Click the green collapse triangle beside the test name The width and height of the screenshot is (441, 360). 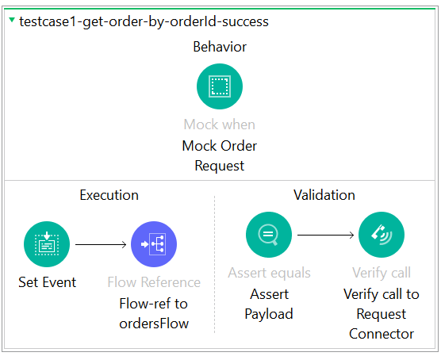[x=11, y=21]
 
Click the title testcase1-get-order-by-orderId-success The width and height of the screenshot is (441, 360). [x=144, y=21]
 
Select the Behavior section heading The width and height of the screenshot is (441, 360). [x=220, y=47]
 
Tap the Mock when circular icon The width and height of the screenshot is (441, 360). [x=220, y=86]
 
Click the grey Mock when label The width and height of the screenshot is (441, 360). [x=220, y=124]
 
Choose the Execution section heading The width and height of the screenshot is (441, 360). [x=109, y=195]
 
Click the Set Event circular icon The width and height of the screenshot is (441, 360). [x=48, y=244]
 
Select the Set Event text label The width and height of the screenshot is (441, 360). [x=48, y=282]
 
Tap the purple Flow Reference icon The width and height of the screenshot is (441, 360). [x=154, y=244]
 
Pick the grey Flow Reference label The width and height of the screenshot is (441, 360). [x=154, y=282]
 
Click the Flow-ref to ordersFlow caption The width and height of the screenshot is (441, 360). [x=154, y=313]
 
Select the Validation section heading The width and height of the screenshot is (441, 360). [x=324, y=195]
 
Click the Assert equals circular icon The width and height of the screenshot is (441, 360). [x=270, y=235]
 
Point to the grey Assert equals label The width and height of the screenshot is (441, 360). [x=270, y=273]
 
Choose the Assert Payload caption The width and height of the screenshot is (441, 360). [x=270, y=304]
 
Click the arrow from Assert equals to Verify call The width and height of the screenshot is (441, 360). [x=325, y=235]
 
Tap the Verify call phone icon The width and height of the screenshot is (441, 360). [x=382, y=235]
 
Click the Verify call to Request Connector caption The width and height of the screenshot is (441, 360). [x=382, y=313]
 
